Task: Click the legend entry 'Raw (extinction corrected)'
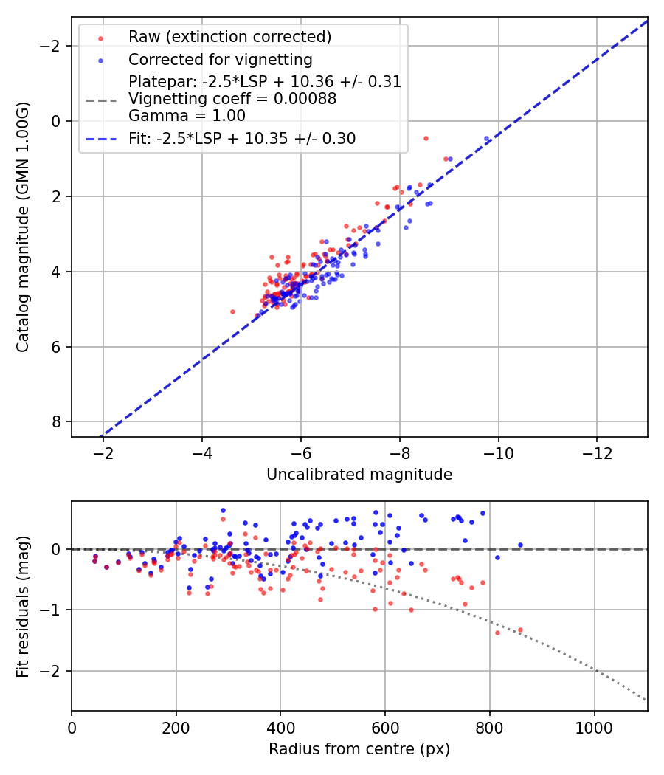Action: [x=229, y=37]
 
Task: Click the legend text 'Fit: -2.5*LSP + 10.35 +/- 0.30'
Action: [x=242, y=139]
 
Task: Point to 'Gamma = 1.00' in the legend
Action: [x=187, y=116]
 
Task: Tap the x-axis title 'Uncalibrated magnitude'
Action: [x=359, y=475]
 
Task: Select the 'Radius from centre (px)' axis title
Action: [x=359, y=749]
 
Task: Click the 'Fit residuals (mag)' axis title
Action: [x=23, y=606]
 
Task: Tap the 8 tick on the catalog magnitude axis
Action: [x=58, y=421]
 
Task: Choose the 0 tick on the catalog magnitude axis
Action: [x=58, y=121]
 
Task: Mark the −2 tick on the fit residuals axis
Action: [x=52, y=671]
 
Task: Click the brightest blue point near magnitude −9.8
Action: [x=486, y=138]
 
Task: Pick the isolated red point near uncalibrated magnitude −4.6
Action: [x=232, y=311]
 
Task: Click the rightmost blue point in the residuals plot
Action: [x=519, y=545]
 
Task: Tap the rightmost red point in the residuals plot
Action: [x=519, y=630]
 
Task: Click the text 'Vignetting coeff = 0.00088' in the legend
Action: [x=232, y=99]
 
